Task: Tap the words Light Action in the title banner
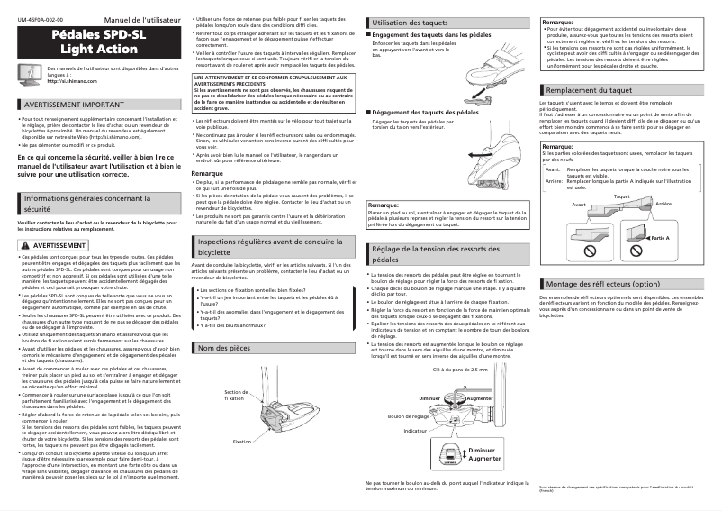(x=99, y=49)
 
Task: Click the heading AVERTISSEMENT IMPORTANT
(x=72, y=105)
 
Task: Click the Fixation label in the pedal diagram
(x=241, y=442)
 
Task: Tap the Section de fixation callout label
(x=235, y=395)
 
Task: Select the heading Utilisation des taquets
(x=410, y=22)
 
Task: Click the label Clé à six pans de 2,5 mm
(x=459, y=370)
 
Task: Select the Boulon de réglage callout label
(x=408, y=416)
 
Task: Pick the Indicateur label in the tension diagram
(x=415, y=431)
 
